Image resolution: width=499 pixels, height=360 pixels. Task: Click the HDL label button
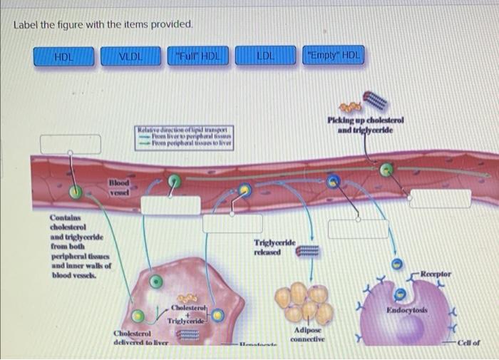click(x=65, y=56)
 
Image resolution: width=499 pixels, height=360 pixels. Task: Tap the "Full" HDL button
click(x=197, y=56)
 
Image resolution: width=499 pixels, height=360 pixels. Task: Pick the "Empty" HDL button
click(x=333, y=56)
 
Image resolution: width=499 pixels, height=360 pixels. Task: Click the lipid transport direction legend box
click(x=185, y=136)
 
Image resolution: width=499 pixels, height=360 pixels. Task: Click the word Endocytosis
click(x=406, y=311)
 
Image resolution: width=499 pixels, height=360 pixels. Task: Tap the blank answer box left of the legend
click(x=70, y=143)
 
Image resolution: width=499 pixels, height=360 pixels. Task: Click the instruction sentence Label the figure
click(x=103, y=24)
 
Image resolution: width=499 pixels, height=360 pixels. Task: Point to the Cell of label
click(x=467, y=342)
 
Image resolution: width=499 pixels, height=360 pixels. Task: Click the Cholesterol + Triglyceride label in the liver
click(x=185, y=314)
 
